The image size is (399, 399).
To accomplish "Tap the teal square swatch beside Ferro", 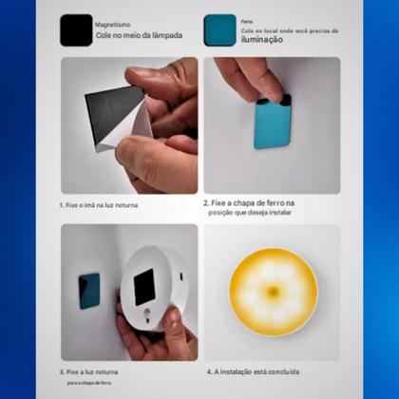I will pyautogui.click(x=220, y=28).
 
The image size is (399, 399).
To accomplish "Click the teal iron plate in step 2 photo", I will pyautogui.click(x=272, y=124).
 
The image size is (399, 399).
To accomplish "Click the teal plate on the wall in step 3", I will pyautogui.click(x=88, y=286).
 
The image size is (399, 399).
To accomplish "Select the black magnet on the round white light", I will pyautogui.click(x=144, y=286).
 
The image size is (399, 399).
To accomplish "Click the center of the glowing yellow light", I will pyautogui.click(x=271, y=291).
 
